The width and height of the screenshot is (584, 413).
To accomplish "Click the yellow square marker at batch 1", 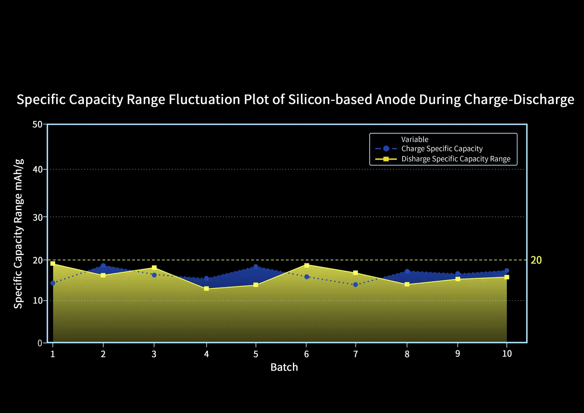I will pyautogui.click(x=53, y=263).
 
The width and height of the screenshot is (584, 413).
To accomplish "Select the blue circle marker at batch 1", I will pyautogui.click(x=53, y=283).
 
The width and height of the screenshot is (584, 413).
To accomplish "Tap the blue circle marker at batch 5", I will pyautogui.click(x=256, y=267).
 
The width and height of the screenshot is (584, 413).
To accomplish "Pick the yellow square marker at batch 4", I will pyautogui.click(x=206, y=289).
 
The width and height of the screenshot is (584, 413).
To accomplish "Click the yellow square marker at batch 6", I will pyautogui.click(x=307, y=265).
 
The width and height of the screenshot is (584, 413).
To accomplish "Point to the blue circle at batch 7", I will pyautogui.click(x=355, y=285).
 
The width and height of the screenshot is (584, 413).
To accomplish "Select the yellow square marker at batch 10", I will pyautogui.click(x=507, y=277).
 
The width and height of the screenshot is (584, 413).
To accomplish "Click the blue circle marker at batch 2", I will pyautogui.click(x=103, y=265).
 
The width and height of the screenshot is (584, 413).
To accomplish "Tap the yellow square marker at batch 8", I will pyautogui.click(x=407, y=284).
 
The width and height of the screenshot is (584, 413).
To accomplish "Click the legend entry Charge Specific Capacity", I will pyautogui.click(x=442, y=149).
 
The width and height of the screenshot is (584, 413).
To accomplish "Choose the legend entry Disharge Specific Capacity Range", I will pyautogui.click(x=456, y=159).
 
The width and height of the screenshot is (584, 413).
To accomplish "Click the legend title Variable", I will pyautogui.click(x=415, y=139).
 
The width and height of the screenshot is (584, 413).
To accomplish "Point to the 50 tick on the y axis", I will pyautogui.click(x=37, y=124).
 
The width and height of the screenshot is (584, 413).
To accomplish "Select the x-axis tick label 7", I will pyautogui.click(x=355, y=354).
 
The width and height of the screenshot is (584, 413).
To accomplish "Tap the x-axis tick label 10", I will pyautogui.click(x=507, y=354).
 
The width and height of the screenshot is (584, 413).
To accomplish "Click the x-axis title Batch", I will pyautogui.click(x=284, y=367).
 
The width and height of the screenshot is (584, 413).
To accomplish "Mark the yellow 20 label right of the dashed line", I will pyautogui.click(x=536, y=260).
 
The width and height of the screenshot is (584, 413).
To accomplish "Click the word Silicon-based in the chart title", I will pyautogui.click(x=330, y=99).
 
